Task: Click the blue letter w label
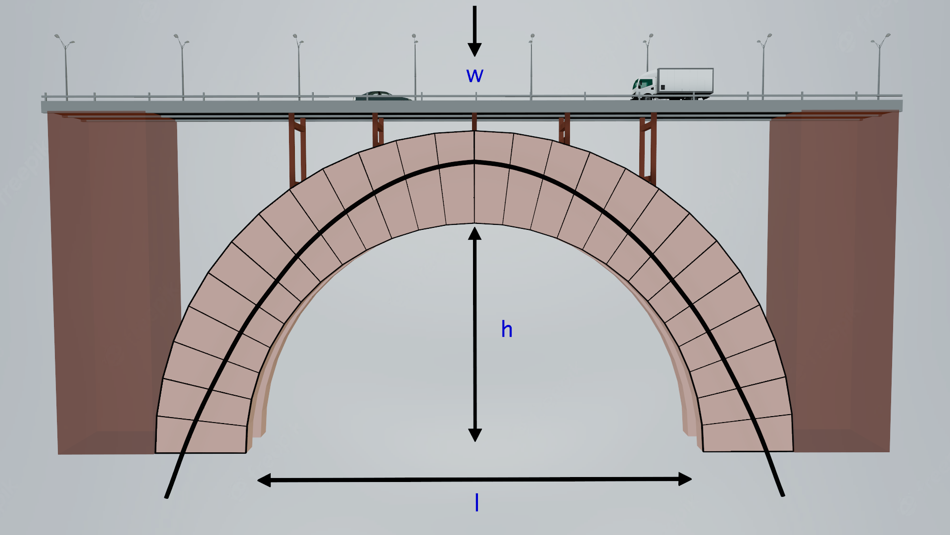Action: (x=475, y=75)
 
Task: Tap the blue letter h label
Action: (x=507, y=329)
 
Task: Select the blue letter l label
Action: (x=476, y=503)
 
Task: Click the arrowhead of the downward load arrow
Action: (x=475, y=50)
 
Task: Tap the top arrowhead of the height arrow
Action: (x=475, y=233)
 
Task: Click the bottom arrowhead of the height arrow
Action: (x=475, y=435)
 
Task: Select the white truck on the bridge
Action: (x=672, y=84)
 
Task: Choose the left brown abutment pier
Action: (x=114, y=282)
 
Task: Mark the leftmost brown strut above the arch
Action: (x=297, y=149)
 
